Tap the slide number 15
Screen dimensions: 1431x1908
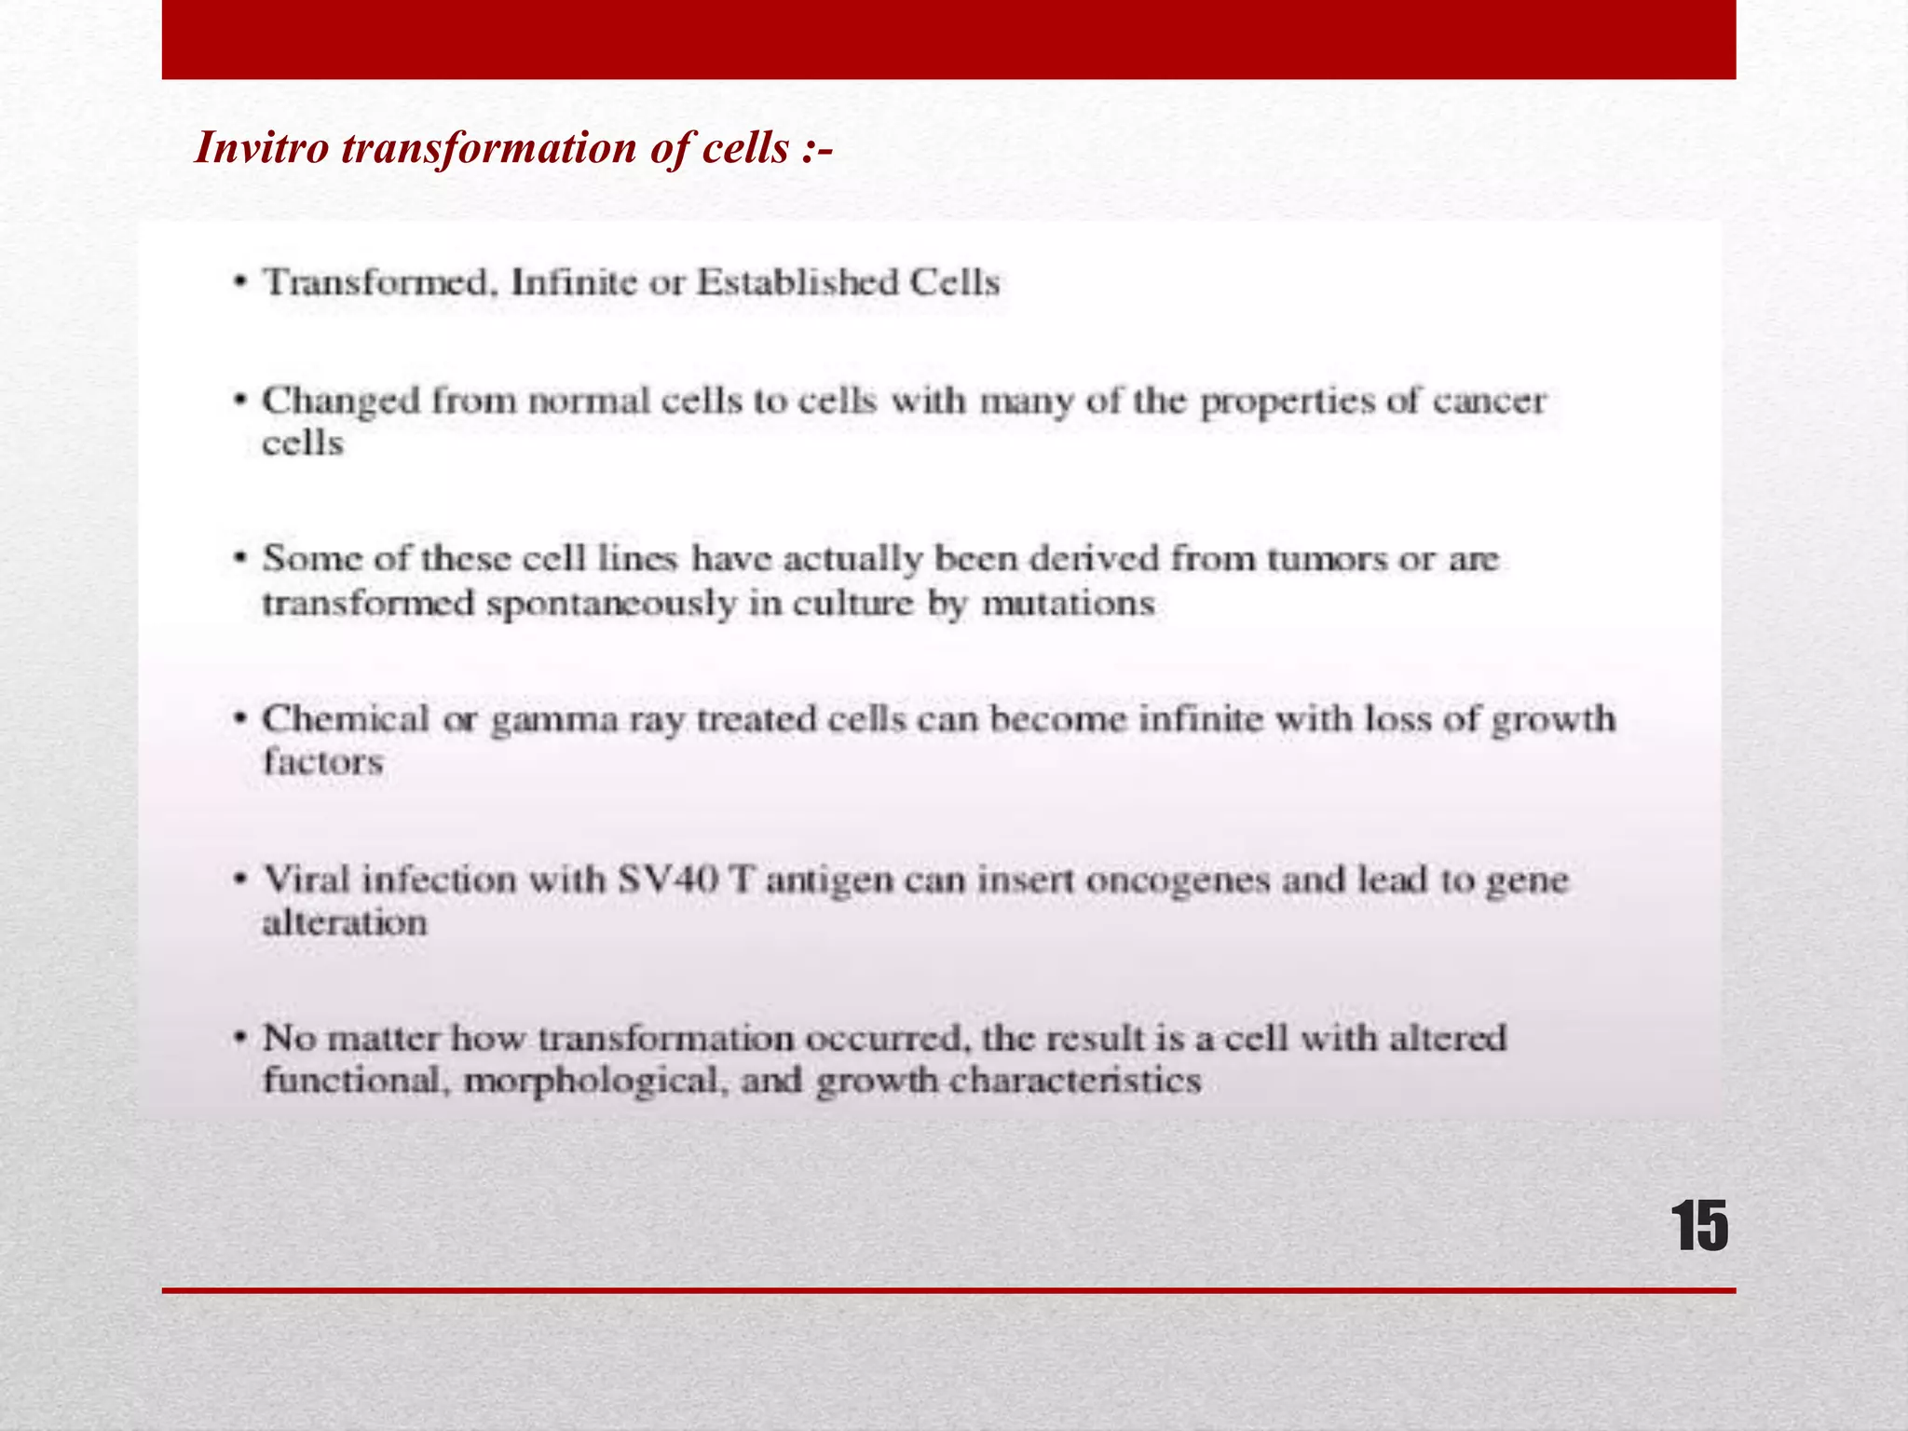click(1699, 1227)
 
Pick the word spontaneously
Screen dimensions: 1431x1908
click(611, 604)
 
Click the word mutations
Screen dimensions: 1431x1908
click(1069, 604)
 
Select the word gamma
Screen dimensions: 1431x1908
click(554, 720)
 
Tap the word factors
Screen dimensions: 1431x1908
click(323, 762)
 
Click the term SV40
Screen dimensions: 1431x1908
click(668, 879)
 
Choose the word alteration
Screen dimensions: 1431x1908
click(345, 922)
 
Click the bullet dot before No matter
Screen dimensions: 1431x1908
click(241, 1037)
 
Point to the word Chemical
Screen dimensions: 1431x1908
click(346, 719)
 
